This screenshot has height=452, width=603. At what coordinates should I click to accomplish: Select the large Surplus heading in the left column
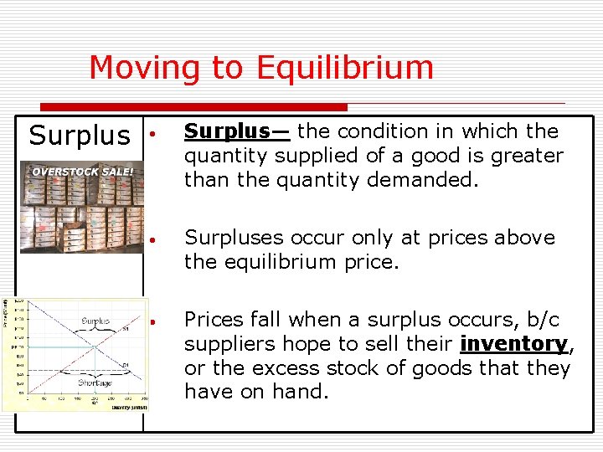click(x=80, y=136)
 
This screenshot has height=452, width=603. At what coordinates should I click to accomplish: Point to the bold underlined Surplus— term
click(x=237, y=131)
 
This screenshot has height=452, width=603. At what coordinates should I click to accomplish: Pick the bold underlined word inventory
click(x=514, y=344)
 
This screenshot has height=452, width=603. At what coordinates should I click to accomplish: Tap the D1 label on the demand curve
click(x=125, y=366)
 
